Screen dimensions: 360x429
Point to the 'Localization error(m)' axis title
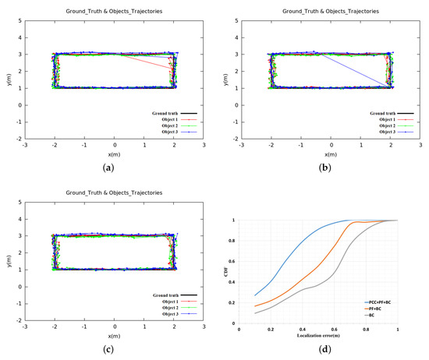pos(317,335)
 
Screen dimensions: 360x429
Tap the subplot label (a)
pos(114,167)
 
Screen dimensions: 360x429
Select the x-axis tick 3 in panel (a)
pos(203,144)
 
